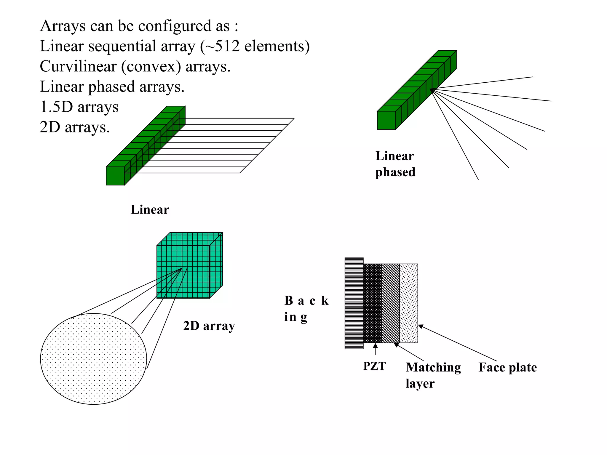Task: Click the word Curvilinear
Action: click(78, 66)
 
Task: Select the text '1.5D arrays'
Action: click(79, 107)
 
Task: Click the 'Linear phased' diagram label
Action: click(395, 164)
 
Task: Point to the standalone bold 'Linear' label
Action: click(150, 210)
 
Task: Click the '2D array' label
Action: click(209, 326)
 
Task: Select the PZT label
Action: click(374, 366)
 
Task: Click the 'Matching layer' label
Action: click(433, 375)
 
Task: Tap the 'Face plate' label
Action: click(507, 367)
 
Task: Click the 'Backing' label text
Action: click(306, 309)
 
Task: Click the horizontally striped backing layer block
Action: click(354, 303)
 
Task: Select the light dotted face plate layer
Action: click(409, 303)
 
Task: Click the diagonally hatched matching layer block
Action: click(390, 303)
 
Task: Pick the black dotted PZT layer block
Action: click(372, 303)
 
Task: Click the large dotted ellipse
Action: click(93, 359)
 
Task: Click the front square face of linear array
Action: click(115, 176)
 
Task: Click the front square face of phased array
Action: click(386, 120)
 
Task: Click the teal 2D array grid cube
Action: click(183, 272)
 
